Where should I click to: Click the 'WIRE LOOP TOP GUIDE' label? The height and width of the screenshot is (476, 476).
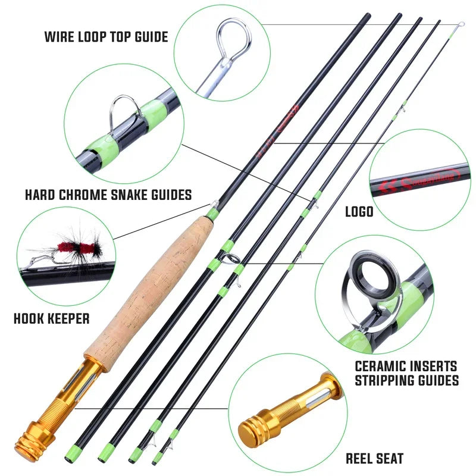pos(106,37)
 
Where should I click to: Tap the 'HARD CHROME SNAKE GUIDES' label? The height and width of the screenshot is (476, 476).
pos(108,195)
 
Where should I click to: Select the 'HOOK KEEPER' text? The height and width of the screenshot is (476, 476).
pos(51,319)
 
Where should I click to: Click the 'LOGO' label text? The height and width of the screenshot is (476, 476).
pos(359,212)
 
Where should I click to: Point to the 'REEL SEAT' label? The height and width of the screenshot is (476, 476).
pos(374,458)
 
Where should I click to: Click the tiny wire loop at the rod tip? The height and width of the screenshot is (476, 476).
pos(461,24)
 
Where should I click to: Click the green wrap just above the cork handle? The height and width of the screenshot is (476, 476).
pos(212,213)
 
